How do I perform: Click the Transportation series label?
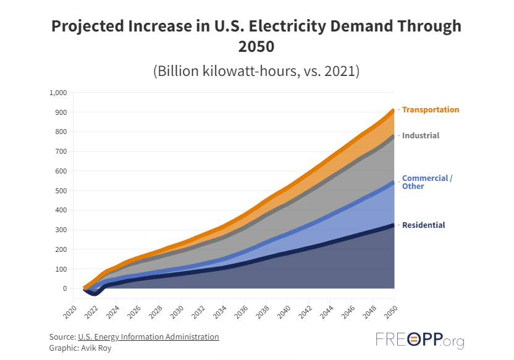click(x=431, y=110)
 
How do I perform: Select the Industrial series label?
click(x=421, y=136)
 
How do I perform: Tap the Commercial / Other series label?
click(x=427, y=182)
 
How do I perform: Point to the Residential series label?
click(x=423, y=225)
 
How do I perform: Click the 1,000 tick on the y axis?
click(x=57, y=93)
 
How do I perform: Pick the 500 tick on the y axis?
click(x=60, y=191)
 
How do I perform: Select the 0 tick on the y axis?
click(x=64, y=288)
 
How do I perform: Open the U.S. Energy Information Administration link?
click(x=148, y=337)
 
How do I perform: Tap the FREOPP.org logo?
click(x=419, y=340)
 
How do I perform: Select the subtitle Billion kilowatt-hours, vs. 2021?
click(x=256, y=70)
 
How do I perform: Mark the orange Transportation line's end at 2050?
click(x=394, y=111)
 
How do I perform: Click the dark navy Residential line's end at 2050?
click(x=394, y=225)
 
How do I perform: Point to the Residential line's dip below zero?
click(x=93, y=293)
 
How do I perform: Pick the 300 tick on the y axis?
click(x=60, y=230)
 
